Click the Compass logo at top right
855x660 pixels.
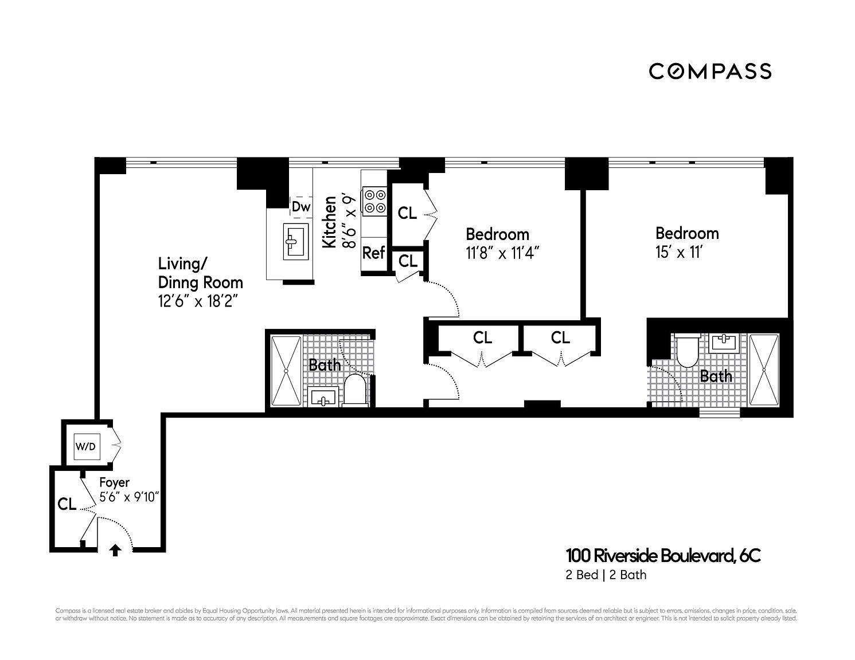pyautogui.click(x=710, y=71)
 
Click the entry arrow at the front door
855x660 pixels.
pyautogui.click(x=115, y=550)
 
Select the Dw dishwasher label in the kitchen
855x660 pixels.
pyautogui.click(x=301, y=207)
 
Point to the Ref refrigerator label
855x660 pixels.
pyautogui.click(x=374, y=253)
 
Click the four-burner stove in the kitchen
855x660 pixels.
pyautogui.click(x=374, y=201)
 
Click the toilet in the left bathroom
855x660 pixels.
pyautogui.click(x=356, y=391)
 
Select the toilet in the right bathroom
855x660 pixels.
pyautogui.click(x=686, y=351)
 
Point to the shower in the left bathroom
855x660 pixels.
pyautogui.click(x=286, y=371)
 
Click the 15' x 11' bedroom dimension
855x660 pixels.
pyautogui.click(x=679, y=253)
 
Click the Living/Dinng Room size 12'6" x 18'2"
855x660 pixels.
pyautogui.click(x=198, y=301)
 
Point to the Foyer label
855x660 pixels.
pyautogui.click(x=114, y=482)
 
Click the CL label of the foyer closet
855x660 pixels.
pyautogui.click(x=67, y=504)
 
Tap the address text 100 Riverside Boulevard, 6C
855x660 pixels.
pyautogui.click(x=663, y=555)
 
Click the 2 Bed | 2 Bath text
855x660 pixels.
pyautogui.click(x=606, y=575)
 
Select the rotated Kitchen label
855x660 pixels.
pyautogui.click(x=330, y=222)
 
